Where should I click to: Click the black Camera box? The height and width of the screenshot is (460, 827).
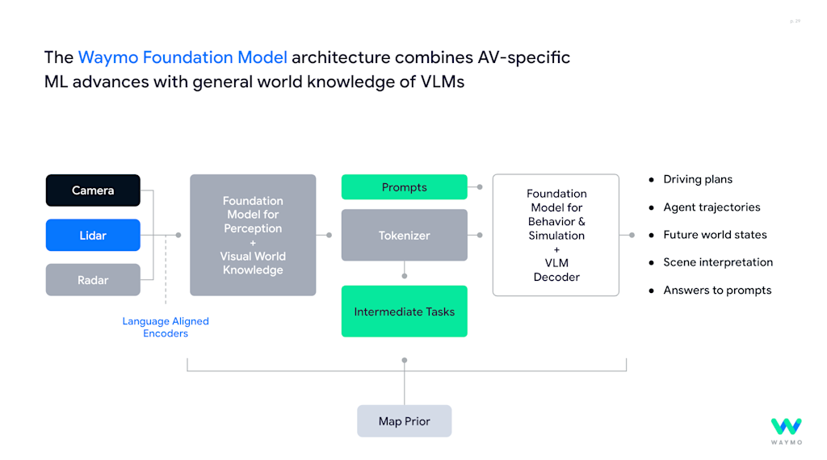click(93, 190)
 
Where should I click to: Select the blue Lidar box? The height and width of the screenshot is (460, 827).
click(93, 235)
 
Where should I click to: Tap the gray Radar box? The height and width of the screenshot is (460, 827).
click(93, 280)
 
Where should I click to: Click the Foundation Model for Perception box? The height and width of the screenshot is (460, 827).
click(253, 235)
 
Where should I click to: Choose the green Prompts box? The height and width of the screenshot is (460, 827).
click(404, 187)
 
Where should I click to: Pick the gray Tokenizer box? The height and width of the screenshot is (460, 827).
click(404, 235)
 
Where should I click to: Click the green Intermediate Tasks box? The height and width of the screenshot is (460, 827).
click(404, 312)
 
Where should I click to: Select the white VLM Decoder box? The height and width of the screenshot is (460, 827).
click(556, 235)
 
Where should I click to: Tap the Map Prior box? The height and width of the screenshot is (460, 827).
click(404, 421)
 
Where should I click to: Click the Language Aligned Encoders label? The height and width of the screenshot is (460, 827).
click(166, 327)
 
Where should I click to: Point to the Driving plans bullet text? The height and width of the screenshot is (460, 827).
click(698, 179)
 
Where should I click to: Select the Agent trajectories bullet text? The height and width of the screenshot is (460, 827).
click(712, 207)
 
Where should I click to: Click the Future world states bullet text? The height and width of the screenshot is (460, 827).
click(715, 235)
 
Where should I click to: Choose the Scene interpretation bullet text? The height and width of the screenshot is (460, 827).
click(718, 262)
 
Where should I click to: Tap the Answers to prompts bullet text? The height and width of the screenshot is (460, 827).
click(717, 291)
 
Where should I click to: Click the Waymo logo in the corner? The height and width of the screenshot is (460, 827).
click(786, 431)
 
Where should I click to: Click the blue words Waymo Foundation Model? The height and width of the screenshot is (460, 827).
click(183, 57)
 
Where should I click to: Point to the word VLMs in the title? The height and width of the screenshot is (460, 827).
click(441, 82)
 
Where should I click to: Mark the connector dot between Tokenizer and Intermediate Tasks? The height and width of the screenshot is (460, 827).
click(405, 275)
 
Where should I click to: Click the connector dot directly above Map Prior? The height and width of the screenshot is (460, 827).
click(405, 360)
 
